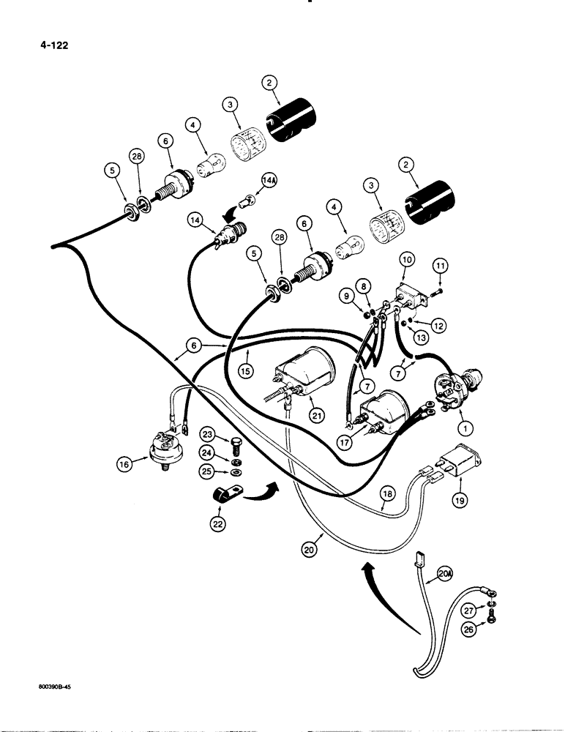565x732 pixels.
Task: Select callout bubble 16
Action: click(124, 463)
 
